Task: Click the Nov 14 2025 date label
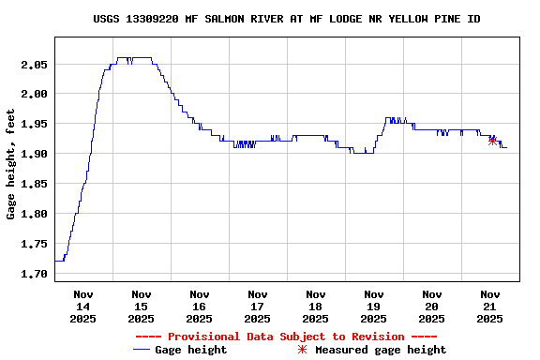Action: click(x=83, y=307)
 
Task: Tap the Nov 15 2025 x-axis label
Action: click(x=142, y=307)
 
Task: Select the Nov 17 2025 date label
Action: click(x=258, y=307)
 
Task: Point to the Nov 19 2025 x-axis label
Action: click(x=374, y=307)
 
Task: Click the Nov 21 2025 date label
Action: click(x=490, y=307)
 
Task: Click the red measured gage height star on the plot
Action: click(x=493, y=141)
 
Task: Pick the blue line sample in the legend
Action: click(x=142, y=350)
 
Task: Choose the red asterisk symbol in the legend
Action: click(x=302, y=350)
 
